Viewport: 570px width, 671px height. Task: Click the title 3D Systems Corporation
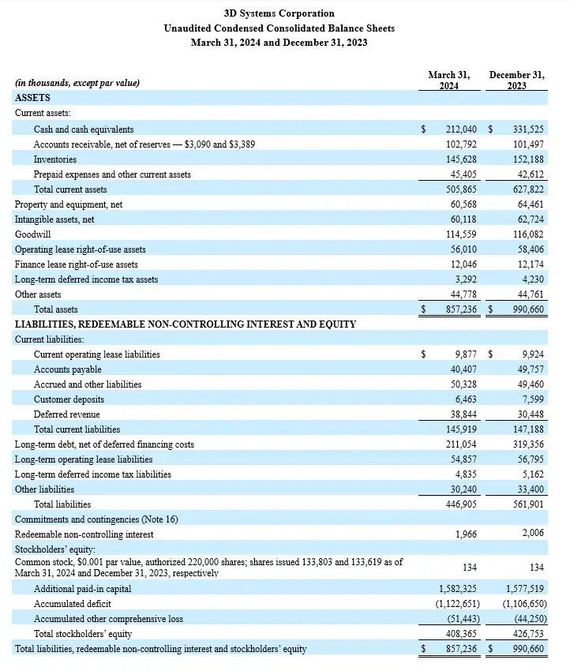(279, 13)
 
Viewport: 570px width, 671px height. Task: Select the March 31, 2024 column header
(448, 80)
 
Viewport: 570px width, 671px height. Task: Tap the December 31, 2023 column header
(516, 80)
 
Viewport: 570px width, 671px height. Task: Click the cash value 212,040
(461, 129)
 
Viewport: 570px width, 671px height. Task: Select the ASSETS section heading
(32, 98)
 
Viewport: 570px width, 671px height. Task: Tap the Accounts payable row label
(67, 369)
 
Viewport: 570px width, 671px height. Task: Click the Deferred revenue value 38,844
(463, 414)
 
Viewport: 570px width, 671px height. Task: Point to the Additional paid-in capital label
(82, 589)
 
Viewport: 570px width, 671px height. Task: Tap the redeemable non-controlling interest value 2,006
(532, 534)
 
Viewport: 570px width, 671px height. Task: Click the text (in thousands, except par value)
(77, 83)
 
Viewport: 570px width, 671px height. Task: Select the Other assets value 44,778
(463, 294)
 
